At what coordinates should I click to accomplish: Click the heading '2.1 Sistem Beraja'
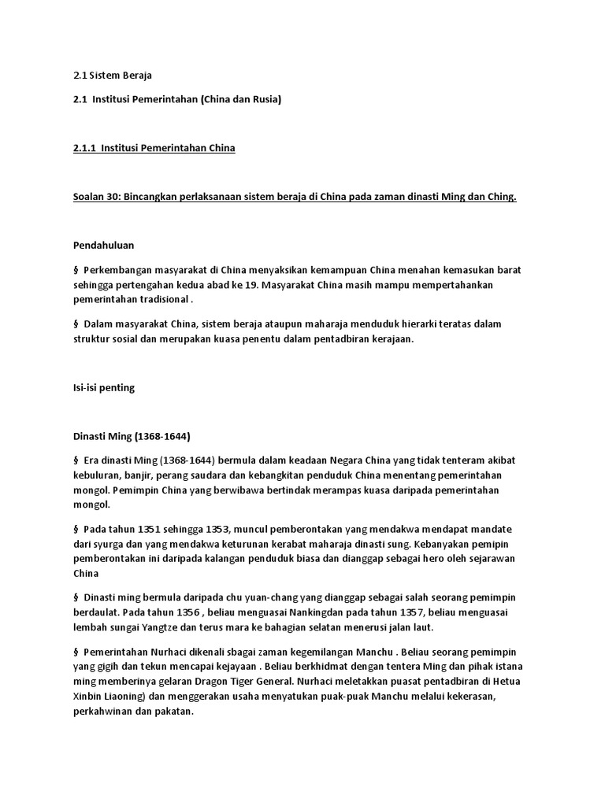coord(111,76)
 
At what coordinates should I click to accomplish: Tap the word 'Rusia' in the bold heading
coord(262,100)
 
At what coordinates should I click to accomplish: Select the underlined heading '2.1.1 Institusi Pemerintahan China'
coord(154,148)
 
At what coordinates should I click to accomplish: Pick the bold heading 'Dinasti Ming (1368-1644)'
coord(132,435)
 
